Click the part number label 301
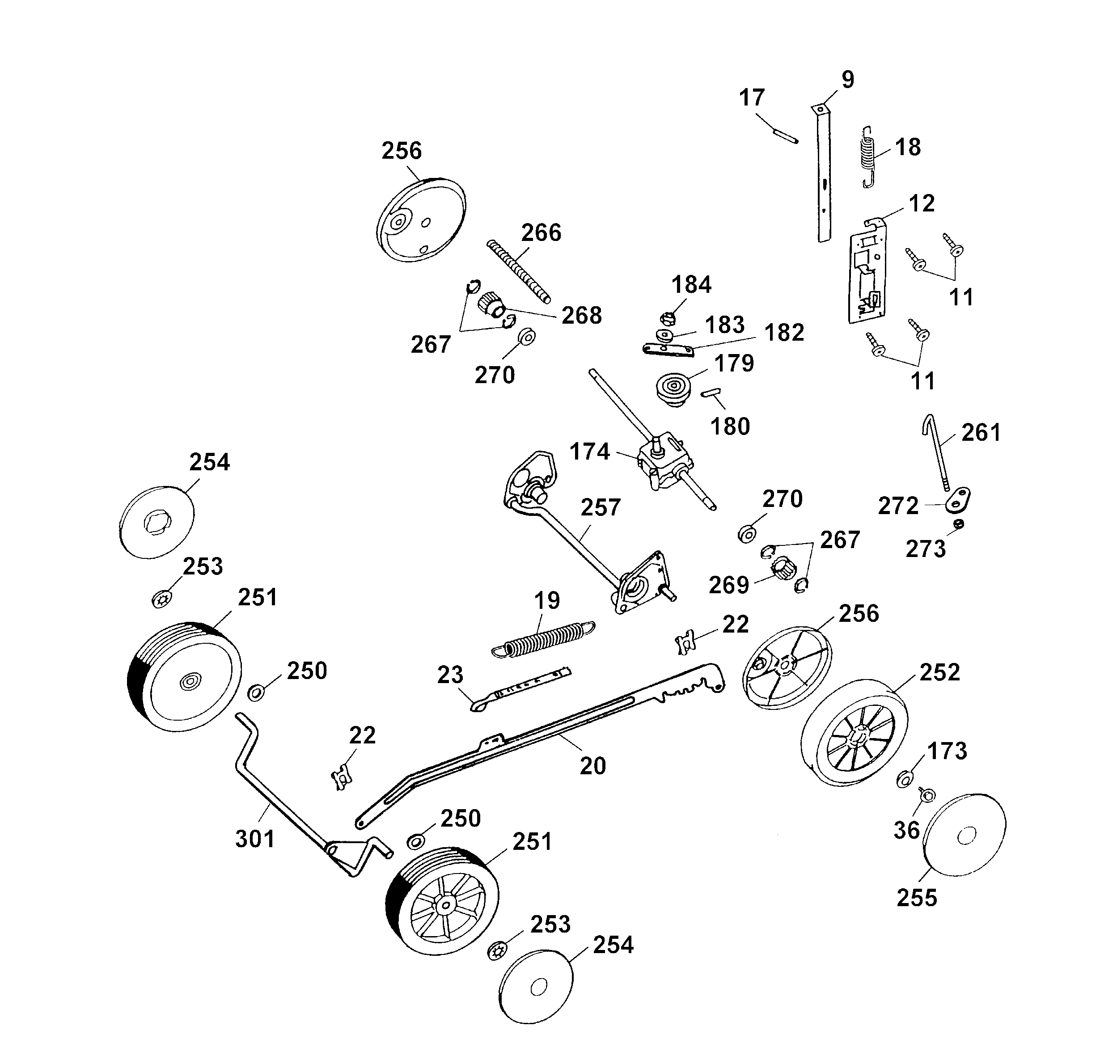pyautogui.click(x=255, y=839)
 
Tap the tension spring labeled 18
pyautogui.click(x=867, y=156)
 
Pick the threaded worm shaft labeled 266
pyautogui.click(x=518, y=271)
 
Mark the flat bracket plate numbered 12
pyautogui.click(x=868, y=274)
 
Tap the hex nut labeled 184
pyautogui.click(x=668, y=319)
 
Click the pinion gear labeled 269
pyautogui.click(x=784, y=570)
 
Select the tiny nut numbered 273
pyautogui.click(x=959, y=524)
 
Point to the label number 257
pyautogui.click(x=601, y=507)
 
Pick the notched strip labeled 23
pyautogui.click(x=520, y=688)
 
